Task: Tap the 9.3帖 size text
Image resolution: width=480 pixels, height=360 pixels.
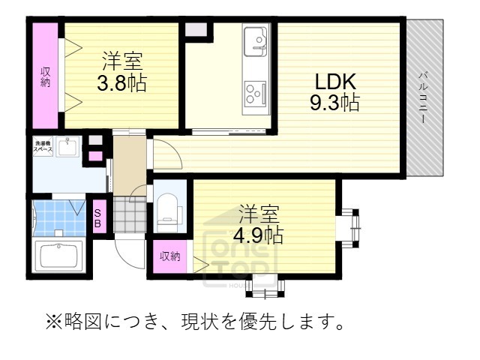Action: coord(334,102)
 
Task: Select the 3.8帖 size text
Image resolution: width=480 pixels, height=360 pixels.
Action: coord(121,81)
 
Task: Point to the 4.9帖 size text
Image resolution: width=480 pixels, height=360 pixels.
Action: coord(257,235)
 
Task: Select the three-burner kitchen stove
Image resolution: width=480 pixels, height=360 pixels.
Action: coord(255,92)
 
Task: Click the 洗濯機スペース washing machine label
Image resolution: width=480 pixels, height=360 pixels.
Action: coord(43,146)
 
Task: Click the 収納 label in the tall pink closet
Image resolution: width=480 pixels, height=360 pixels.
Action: coord(46,76)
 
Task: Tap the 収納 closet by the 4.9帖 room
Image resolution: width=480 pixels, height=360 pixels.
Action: coord(169,256)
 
